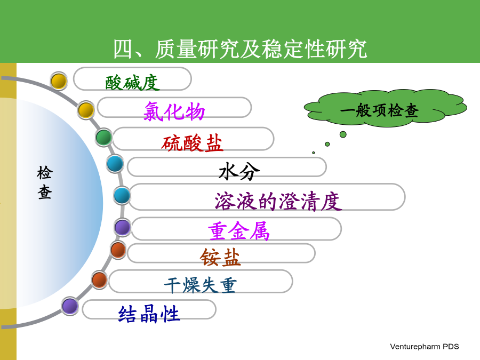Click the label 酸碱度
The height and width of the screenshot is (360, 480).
[132, 83]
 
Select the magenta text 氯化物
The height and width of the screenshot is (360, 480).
[174, 111]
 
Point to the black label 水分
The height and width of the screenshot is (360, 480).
[239, 171]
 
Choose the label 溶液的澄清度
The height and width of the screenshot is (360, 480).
[278, 201]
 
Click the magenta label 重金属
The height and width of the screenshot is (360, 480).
[239, 231]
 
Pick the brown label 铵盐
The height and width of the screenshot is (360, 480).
[220, 257]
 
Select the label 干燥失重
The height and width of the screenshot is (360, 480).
[200, 285]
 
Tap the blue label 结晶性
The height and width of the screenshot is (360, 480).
[149, 314]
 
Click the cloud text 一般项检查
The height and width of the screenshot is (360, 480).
[379, 110]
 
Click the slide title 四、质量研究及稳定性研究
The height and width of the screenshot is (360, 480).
[240, 49]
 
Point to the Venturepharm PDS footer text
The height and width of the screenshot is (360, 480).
[425, 347]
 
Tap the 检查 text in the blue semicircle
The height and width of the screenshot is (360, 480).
[45, 182]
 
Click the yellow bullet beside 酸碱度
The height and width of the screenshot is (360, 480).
[59, 81]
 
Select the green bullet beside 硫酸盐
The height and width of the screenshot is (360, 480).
[104, 137]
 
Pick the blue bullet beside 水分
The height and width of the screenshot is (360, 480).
[115, 164]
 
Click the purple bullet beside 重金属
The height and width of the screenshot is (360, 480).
[123, 227]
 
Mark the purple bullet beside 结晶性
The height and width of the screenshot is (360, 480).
[70, 306]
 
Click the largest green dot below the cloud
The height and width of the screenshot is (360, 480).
[343, 134]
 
